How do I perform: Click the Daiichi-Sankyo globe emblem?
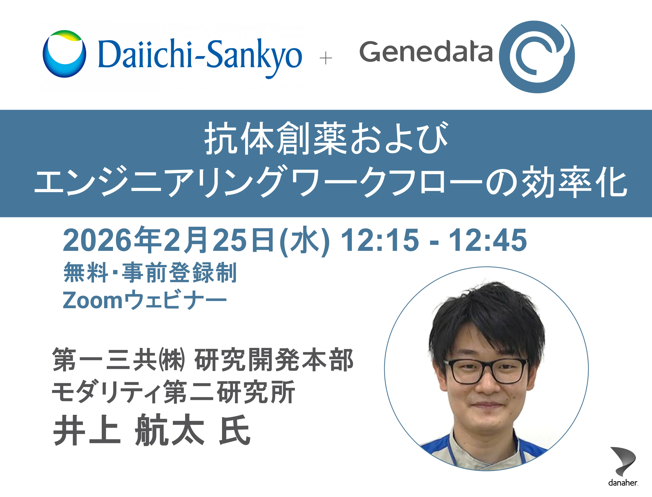click(65, 54)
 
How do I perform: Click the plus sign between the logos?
click(326, 58)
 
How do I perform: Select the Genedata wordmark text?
click(426, 52)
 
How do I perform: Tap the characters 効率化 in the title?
click(573, 181)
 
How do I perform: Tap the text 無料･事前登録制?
click(150, 272)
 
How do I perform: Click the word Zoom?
click(93, 300)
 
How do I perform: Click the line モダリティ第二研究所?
click(174, 392)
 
